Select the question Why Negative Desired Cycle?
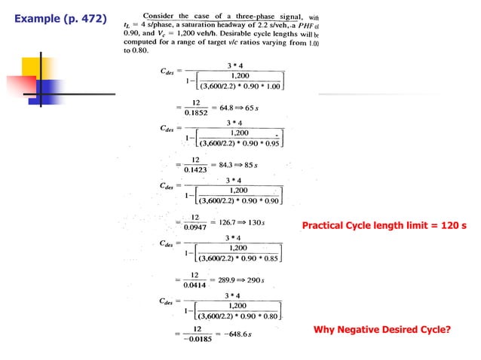point(385,329)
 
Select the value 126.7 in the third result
point(230,222)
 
